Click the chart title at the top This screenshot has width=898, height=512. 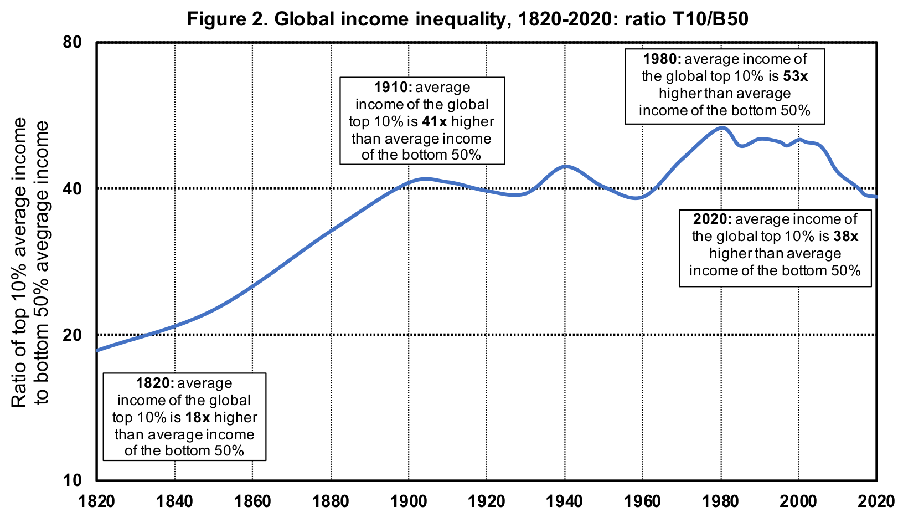coord(467,19)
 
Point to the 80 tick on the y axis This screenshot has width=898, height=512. coord(72,42)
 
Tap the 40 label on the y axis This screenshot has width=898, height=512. coord(72,188)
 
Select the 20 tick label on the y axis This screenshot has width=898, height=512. coord(72,335)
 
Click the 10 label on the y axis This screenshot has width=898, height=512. coord(72,480)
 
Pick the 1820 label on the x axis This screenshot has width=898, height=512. coord(96,501)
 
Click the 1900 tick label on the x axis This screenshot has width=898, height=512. coord(409,501)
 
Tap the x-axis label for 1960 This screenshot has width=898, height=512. coord(642,501)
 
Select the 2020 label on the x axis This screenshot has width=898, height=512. coord(876,501)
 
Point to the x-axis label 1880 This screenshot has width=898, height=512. coord(331,501)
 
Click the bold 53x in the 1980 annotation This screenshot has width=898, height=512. coord(796,76)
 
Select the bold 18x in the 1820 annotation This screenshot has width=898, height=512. coord(198,417)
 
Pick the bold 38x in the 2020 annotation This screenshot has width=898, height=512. coord(846,237)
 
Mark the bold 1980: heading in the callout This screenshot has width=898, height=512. coord(662,59)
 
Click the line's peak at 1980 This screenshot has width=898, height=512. coord(721,127)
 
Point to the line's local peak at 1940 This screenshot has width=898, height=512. coord(565,166)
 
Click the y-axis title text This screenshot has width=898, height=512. coord(30,262)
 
